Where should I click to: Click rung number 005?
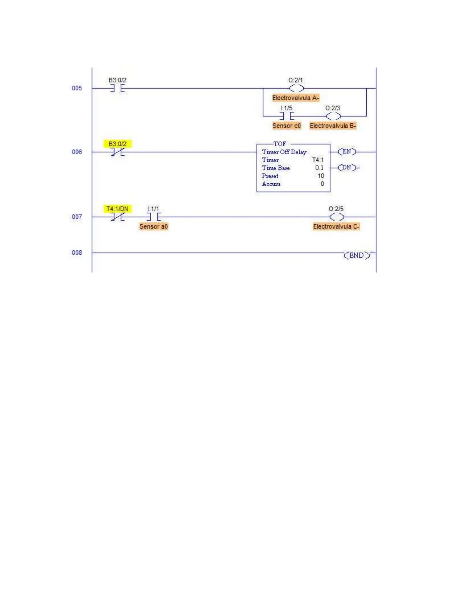click(x=77, y=88)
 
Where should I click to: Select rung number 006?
click(x=77, y=152)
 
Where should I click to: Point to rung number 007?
click(x=77, y=217)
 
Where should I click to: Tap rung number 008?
click(x=77, y=253)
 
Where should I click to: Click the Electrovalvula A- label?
click(x=296, y=98)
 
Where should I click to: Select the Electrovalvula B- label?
click(x=333, y=126)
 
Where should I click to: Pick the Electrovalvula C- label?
click(x=336, y=227)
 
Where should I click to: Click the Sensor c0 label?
click(x=286, y=126)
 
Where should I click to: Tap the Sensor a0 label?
click(x=153, y=227)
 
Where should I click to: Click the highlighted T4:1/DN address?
click(x=117, y=209)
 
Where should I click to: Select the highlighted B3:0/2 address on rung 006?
click(x=117, y=144)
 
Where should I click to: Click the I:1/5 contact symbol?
click(x=287, y=116)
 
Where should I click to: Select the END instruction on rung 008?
click(x=357, y=255)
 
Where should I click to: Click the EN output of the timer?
click(x=347, y=152)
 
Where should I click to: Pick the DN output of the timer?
click(x=347, y=168)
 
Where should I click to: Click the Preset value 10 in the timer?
click(x=321, y=176)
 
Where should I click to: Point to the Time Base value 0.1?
click(x=319, y=168)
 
